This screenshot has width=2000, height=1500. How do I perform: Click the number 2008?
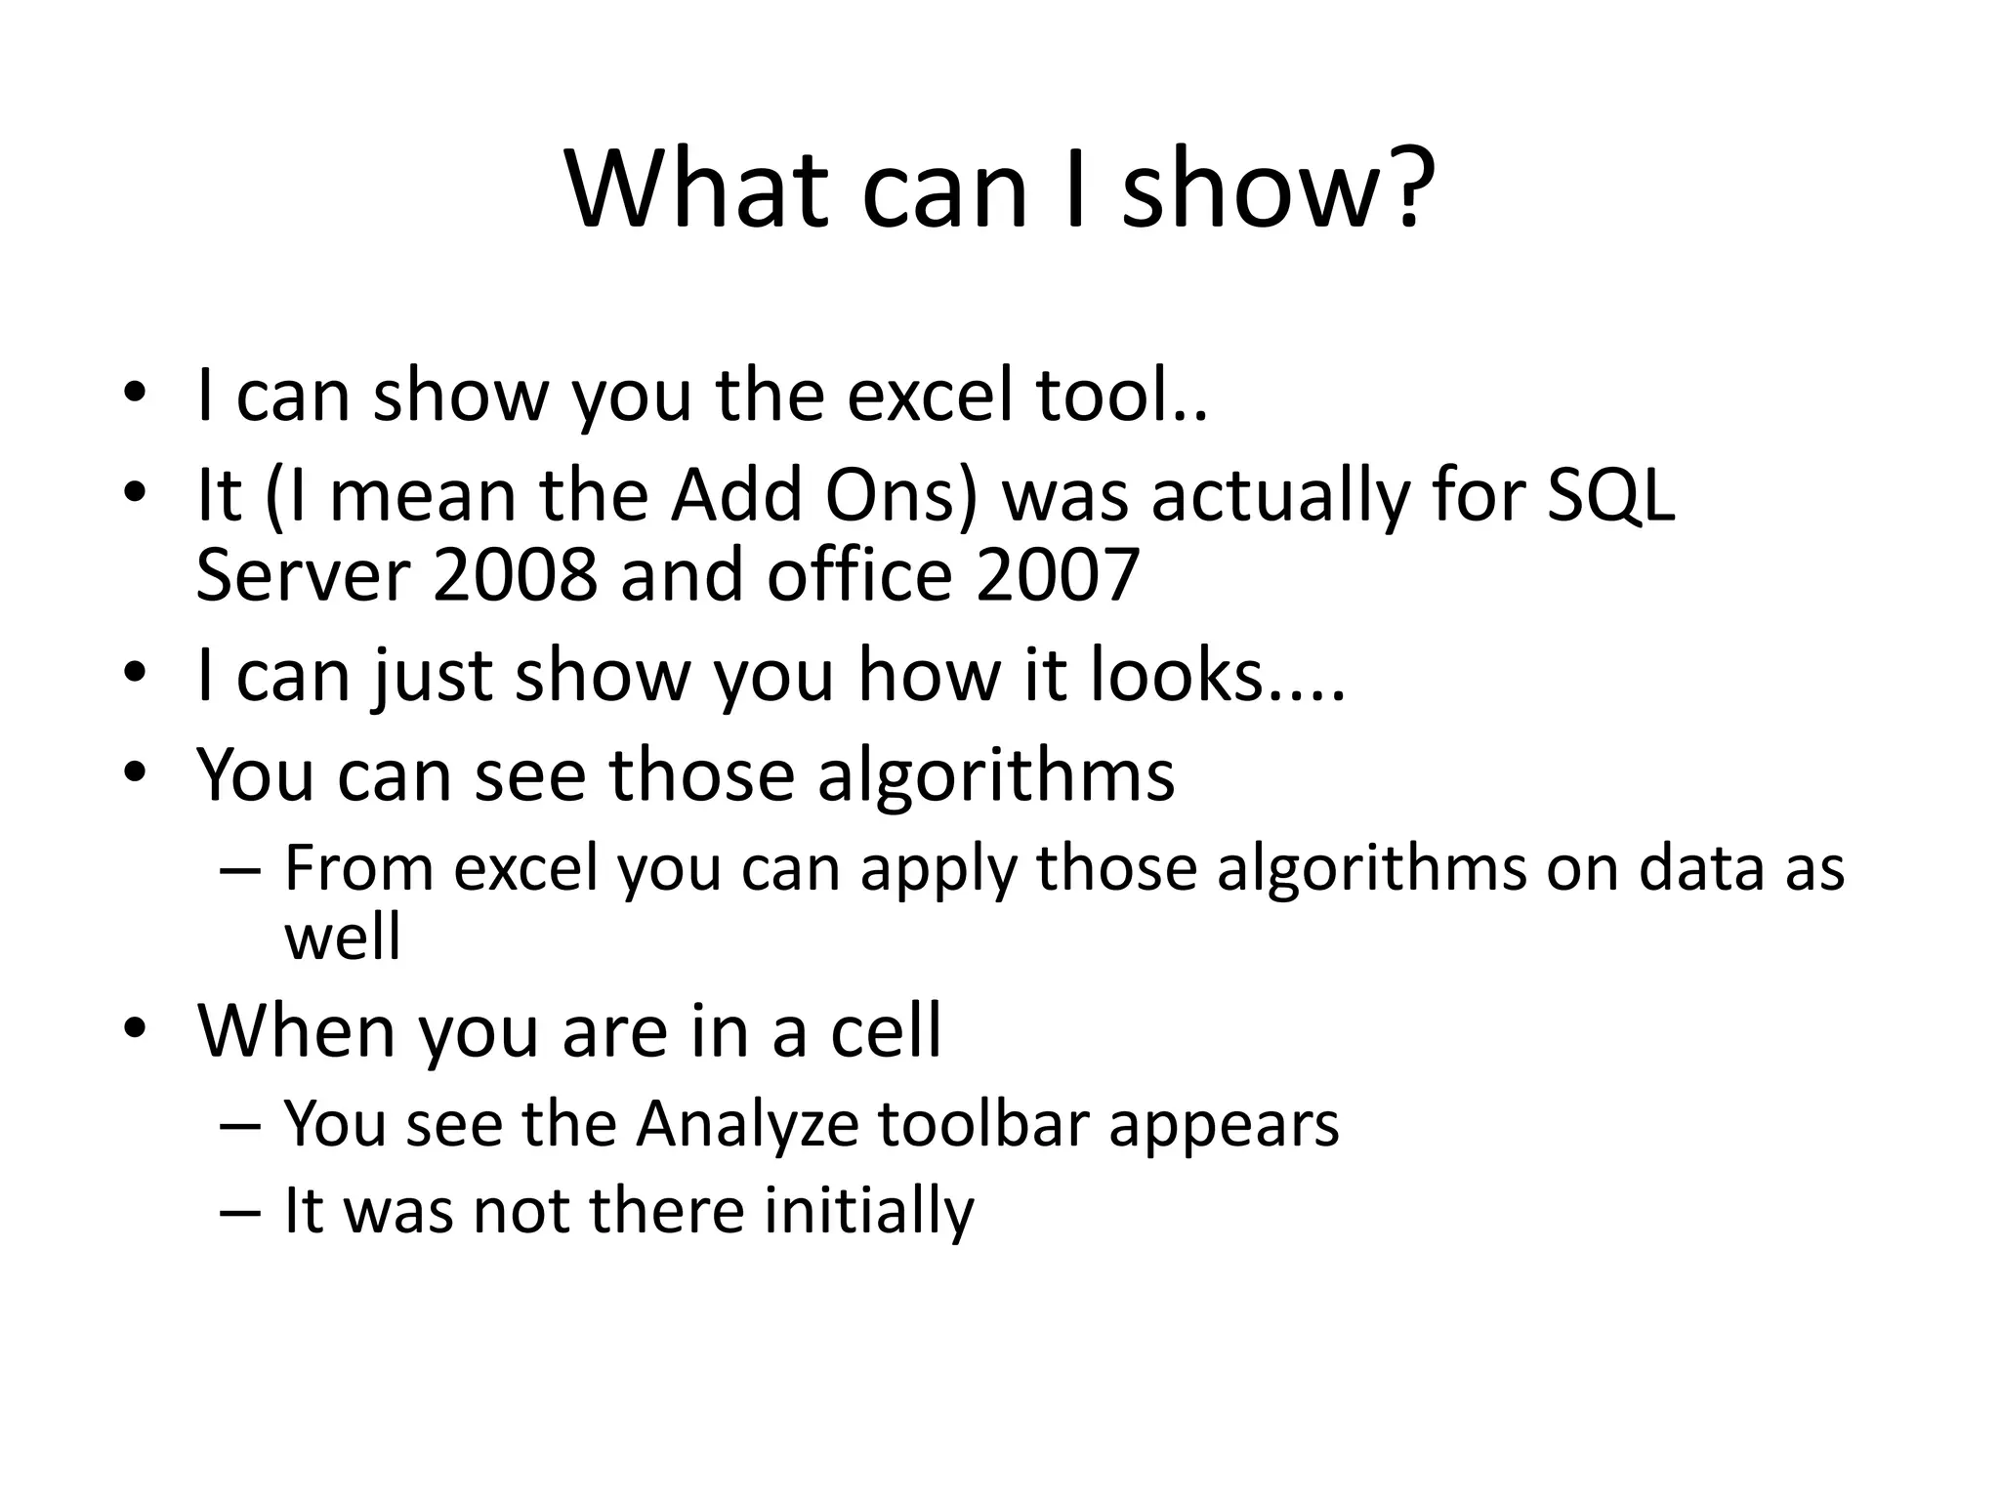click(x=515, y=574)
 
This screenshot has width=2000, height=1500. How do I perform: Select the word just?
click(x=432, y=675)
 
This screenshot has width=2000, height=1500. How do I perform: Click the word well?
click(x=342, y=937)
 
